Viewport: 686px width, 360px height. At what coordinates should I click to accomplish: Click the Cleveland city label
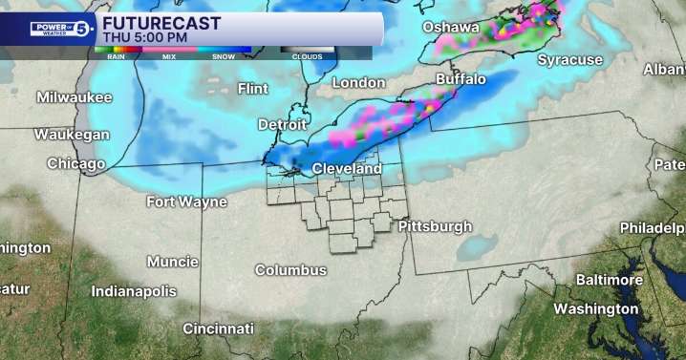[x=347, y=169]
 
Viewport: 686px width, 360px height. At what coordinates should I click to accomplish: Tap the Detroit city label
[x=284, y=125]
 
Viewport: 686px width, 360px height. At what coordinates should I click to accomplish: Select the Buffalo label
[x=461, y=78]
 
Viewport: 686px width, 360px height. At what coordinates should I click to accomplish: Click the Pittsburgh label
[x=435, y=226]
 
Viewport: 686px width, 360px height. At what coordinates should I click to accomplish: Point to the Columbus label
[x=290, y=270]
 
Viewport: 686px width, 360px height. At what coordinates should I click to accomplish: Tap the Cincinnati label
[x=219, y=328]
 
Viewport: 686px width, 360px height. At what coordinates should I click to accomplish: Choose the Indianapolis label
[x=134, y=290]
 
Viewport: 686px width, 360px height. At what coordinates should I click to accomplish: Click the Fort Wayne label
[x=186, y=201]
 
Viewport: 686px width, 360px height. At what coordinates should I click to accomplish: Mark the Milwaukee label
[x=75, y=97]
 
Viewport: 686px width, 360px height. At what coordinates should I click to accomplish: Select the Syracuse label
[x=569, y=60]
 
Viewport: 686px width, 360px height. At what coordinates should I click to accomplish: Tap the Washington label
[x=595, y=308]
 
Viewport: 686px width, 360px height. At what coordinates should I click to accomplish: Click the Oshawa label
[x=451, y=27]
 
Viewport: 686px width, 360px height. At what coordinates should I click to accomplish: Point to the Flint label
[x=252, y=89]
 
